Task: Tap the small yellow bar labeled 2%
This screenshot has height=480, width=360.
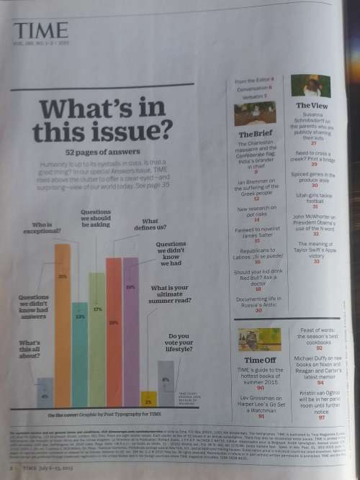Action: tap(150, 399)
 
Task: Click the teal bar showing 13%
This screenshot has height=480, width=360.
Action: tap(79, 353)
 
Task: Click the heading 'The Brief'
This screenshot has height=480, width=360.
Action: tap(254, 134)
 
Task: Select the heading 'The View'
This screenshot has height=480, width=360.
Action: tap(312, 105)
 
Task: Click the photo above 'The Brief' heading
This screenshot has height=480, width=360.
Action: tap(255, 114)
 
